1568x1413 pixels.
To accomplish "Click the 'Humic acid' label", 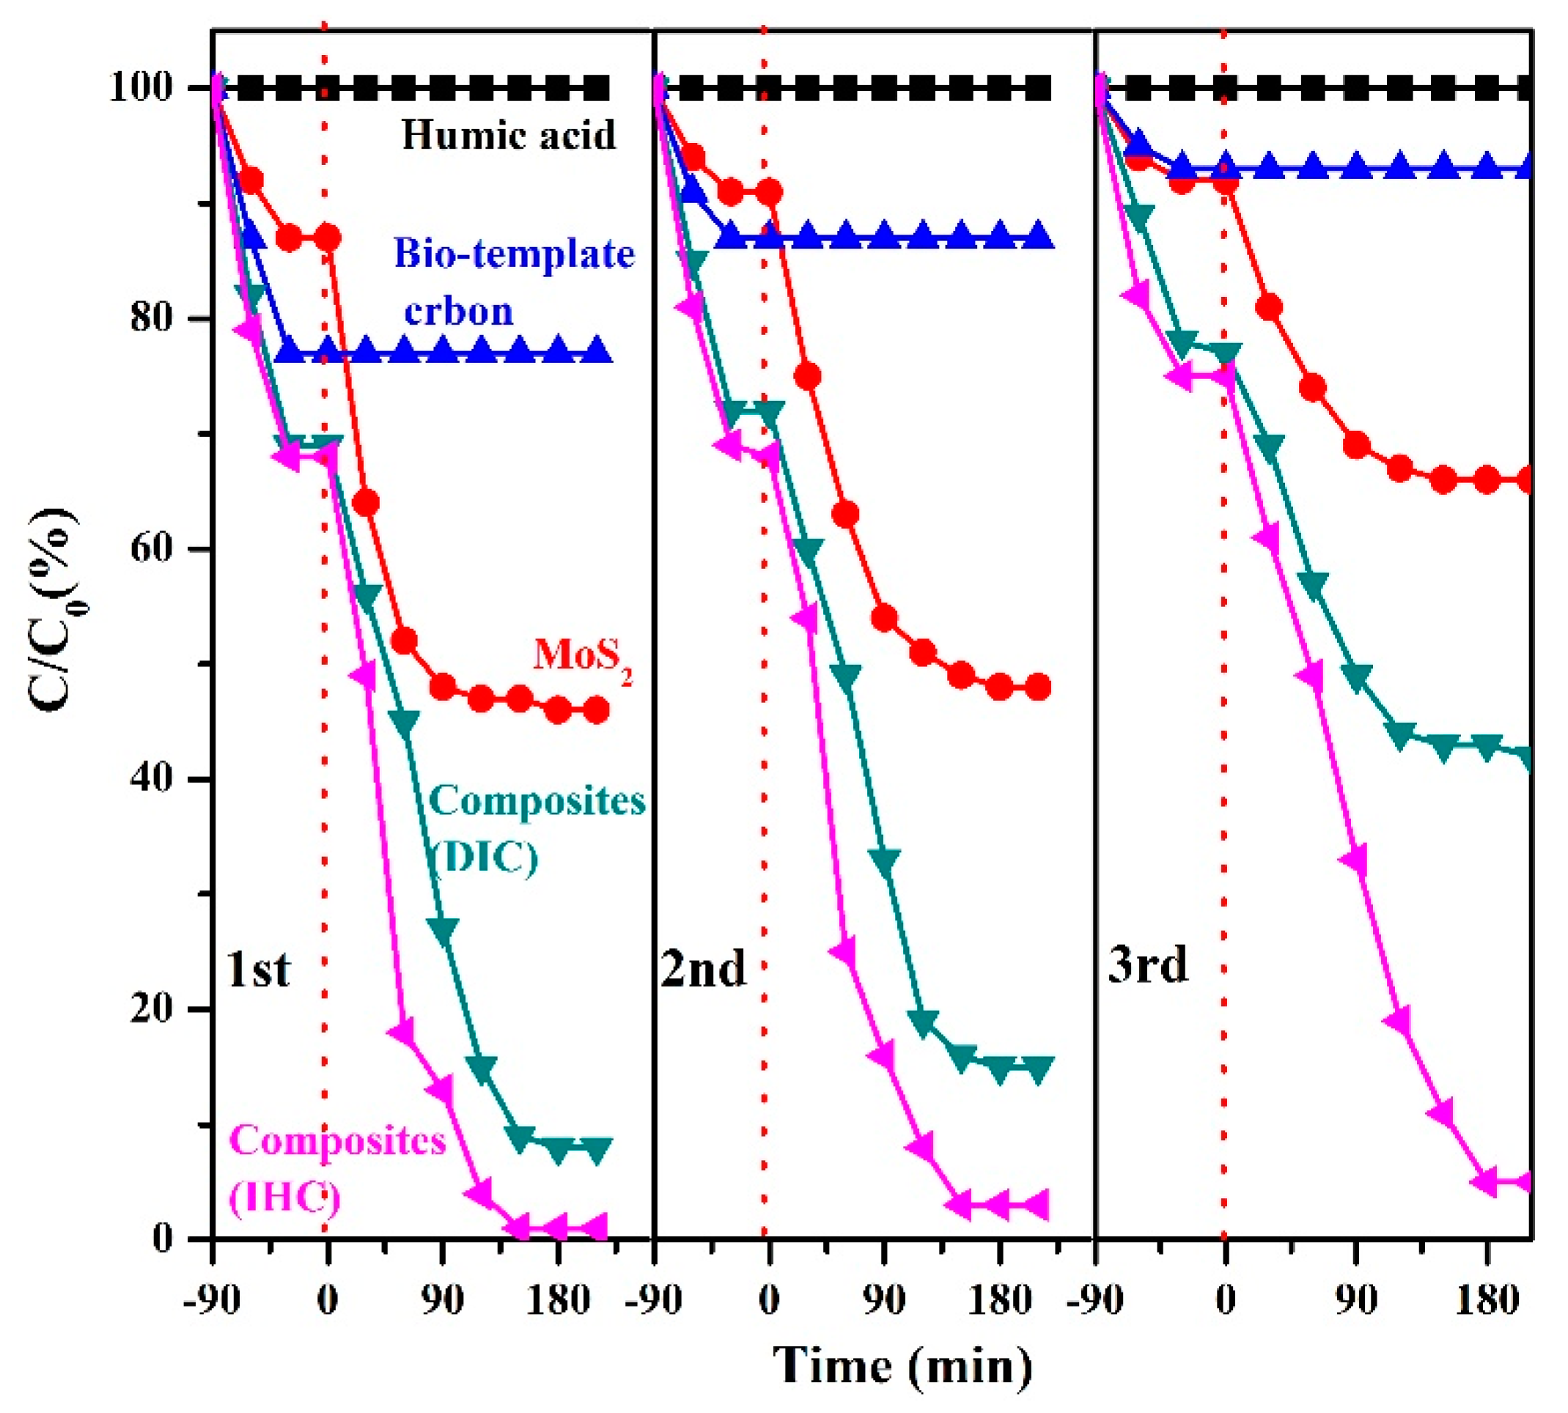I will click(x=509, y=136).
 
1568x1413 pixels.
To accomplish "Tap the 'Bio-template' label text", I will click(x=514, y=254).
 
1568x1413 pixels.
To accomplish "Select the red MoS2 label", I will click(x=582, y=656).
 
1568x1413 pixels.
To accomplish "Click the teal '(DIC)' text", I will click(x=484, y=858).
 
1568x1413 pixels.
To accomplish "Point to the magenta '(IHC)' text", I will click(x=284, y=1198).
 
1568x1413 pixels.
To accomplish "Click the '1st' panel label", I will click(x=259, y=970).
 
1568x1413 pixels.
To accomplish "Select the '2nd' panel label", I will click(x=703, y=970).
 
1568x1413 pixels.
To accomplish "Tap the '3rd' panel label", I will click(x=1148, y=967).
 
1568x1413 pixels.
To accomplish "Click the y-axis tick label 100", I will click(x=141, y=88).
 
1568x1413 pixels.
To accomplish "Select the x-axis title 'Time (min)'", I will click(x=903, y=1365).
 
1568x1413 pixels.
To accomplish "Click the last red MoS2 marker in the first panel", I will click(x=596, y=709).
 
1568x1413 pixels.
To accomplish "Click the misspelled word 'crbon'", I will click(x=459, y=311).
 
